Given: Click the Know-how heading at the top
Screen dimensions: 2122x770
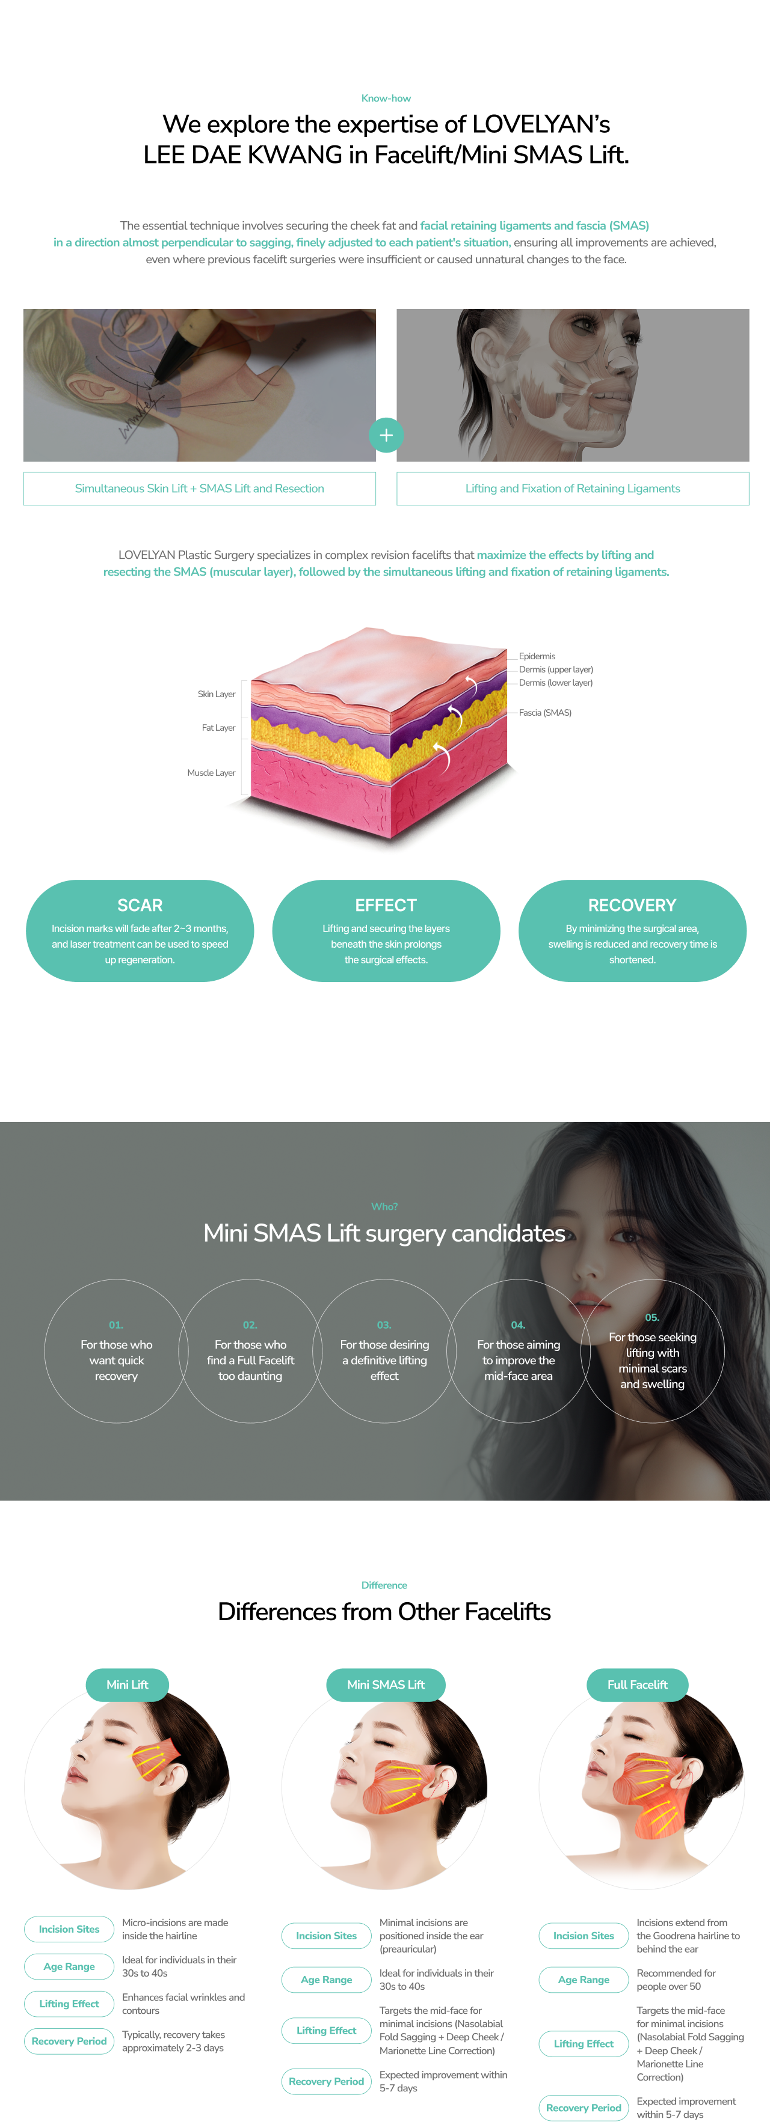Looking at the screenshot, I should click(386, 98).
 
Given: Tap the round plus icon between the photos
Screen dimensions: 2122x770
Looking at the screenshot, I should click(386, 435).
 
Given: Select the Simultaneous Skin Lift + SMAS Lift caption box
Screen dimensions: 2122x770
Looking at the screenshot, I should click(200, 489).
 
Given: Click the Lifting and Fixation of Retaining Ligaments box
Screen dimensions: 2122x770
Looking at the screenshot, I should click(572, 489).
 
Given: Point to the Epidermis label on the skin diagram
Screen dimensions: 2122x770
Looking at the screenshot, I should click(537, 656).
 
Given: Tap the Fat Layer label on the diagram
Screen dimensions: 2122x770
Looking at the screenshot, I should click(218, 727).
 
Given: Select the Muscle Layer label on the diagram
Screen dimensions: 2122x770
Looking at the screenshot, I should click(211, 773).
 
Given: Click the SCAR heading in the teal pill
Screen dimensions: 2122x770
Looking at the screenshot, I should click(140, 905).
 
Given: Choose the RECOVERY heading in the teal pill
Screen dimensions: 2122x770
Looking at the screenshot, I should click(632, 905).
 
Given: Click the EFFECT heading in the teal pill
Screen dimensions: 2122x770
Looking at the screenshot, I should click(386, 905).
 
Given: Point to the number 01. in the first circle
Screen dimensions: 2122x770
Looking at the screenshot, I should click(116, 1325).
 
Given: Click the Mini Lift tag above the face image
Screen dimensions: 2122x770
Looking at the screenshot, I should click(127, 1684).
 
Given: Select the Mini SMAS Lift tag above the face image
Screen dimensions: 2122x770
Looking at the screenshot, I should click(386, 1684).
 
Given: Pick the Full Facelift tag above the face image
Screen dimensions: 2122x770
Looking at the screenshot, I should click(637, 1684).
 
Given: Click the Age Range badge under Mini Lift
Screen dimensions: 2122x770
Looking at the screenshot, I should click(69, 1966).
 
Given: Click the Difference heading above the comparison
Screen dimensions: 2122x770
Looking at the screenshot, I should click(384, 1585).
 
